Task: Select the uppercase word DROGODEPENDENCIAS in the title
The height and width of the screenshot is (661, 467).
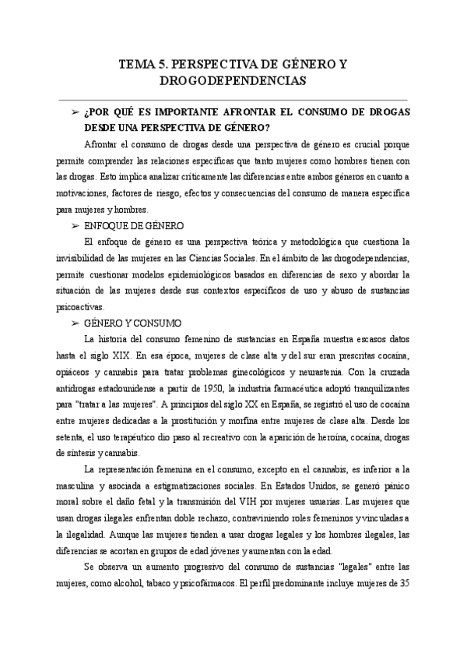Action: coord(233,80)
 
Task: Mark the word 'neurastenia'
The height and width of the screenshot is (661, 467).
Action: coord(379,372)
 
